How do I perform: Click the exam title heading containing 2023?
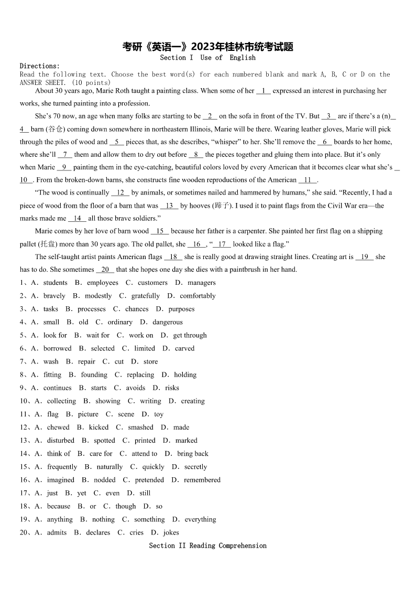pyautogui.click(x=207, y=47)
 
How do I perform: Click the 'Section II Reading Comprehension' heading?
pyautogui.click(x=207, y=545)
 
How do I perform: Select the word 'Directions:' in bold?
pyautogui.click(x=40, y=66)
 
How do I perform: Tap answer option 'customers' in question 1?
pyautogui.click(x=152, y=283)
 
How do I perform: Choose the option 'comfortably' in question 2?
pyautogui.click(x=198, y=296)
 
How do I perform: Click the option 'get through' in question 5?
pyautogui.click(x=190, y=335)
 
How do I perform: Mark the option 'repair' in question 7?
pyautogui.click(x=86, y=361)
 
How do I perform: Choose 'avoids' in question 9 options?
pyautogui.click(x=136, y=388)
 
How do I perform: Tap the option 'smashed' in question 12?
pyautogui.click(x=141, y=427)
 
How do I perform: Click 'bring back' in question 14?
pyautogui.click(x=192, y=454)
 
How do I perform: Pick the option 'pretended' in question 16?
pyautogui.click(x=149, y=480)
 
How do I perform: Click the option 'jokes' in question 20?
pyautogui.click(x=171, y=532)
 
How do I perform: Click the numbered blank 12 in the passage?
pyautogui.click(x=121, y=192)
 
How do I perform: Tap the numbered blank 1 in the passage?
pyautogui.click(x=264, y=91)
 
